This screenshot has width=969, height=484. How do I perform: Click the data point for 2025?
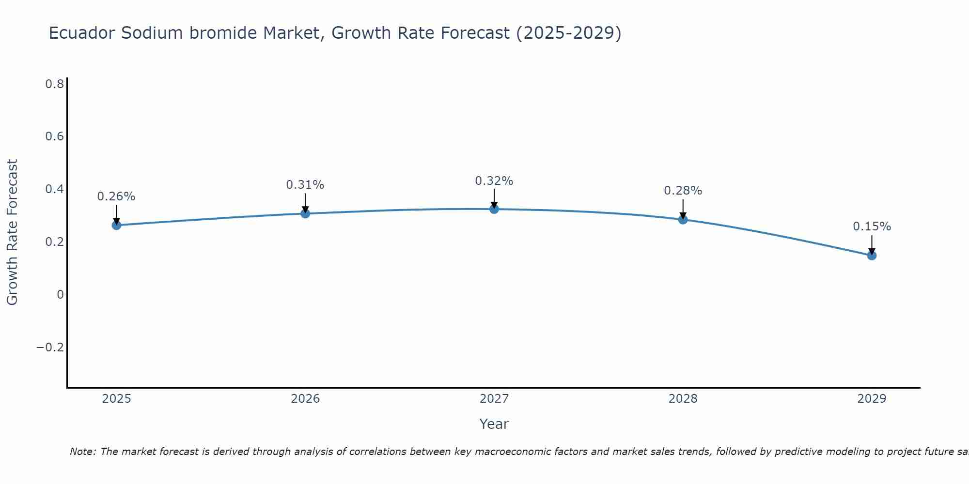tap(116, 225)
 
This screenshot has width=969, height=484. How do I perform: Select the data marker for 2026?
tap(305, 213)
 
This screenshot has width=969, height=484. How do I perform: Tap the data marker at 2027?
tap(494, 209)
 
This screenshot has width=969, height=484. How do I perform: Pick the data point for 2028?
tap(683, 220)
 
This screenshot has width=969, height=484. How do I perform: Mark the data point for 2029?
tap(872, 256)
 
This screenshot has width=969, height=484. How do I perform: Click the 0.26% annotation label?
tap(116, 197)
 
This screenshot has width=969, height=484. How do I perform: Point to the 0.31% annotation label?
tap(305, 185)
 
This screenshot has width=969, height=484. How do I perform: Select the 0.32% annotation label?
tap(494, 181)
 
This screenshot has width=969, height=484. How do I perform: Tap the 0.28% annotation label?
tap(683, 191)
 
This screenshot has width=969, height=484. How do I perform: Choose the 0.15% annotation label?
tap(872, 227)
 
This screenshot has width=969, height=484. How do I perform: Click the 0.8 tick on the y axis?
tap(54, 84)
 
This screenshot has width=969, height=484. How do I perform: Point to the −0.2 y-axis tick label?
tap(50, 348)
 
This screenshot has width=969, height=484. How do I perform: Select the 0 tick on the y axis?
tap(60, 295)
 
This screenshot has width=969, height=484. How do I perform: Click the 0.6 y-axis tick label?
tap(54, 136)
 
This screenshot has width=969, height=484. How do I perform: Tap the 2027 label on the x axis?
tap(494, 399)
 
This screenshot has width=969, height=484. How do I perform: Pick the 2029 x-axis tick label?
tap(872, 399)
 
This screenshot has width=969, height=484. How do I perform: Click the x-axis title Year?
tap(494, 424)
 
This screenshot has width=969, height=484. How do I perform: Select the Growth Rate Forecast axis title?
tap(12, 232)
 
